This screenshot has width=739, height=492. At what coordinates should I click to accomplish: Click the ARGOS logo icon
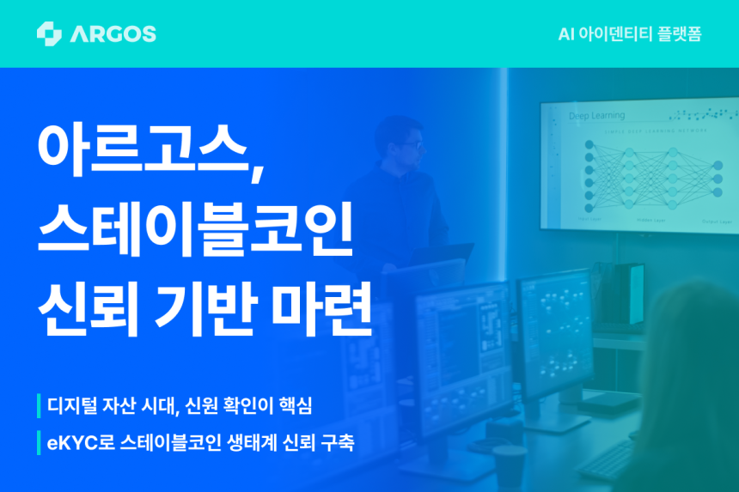[x=49, y=33]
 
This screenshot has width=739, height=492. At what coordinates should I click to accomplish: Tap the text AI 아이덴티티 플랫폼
[x=630, y=34]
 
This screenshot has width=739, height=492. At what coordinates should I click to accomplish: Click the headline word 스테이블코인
[x=195, y=230]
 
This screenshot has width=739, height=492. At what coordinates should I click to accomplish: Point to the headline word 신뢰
[x=89, y=310]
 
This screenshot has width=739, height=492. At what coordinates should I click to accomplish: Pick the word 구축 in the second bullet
[x=334, y=444]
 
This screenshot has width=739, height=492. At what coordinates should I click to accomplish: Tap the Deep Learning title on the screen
[x=596, y=115]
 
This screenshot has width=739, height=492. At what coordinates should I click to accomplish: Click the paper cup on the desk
[x=509, y=466]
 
